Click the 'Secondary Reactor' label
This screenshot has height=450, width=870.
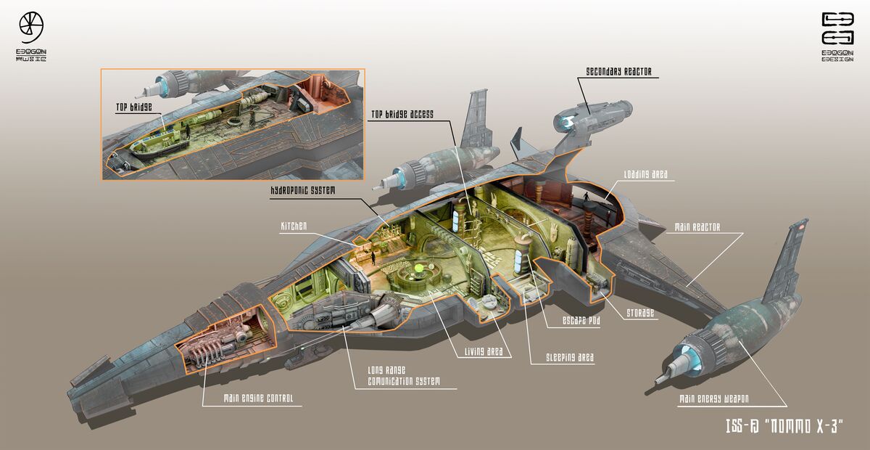pos(618,71)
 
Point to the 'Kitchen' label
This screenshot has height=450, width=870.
pos(293,226)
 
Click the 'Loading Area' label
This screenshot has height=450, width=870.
pos(645,175)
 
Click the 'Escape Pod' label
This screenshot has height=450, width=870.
pos(581,321)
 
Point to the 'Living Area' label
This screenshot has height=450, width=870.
pos(487,353)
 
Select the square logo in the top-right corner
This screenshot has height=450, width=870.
pos(837,28)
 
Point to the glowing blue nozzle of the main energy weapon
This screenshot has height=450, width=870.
pos(681,359)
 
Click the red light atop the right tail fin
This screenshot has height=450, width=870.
pos(800,228)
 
